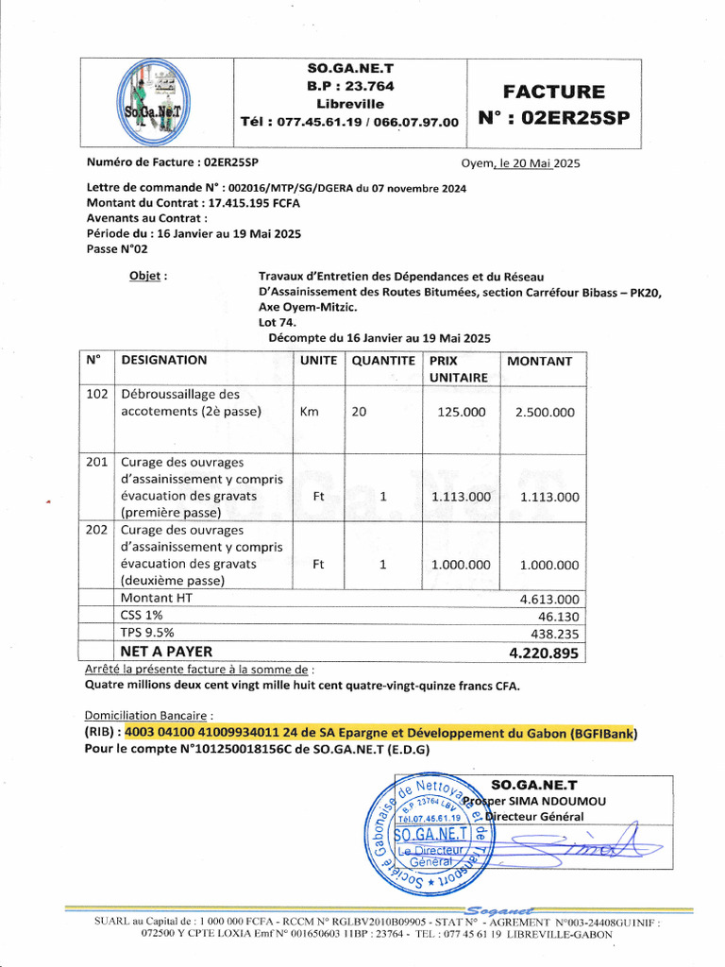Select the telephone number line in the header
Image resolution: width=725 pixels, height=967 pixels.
point(350,122)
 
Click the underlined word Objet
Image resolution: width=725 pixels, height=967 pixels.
point(147,276)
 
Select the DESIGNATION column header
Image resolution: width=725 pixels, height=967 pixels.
point(164,361)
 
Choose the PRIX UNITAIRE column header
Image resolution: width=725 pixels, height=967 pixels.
point(459,368)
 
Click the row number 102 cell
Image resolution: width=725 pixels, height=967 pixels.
point(97,394)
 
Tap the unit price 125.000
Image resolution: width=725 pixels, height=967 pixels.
point(461,412)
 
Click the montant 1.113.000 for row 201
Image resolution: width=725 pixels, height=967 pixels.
point(549,497)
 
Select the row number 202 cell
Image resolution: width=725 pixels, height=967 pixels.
point(97,531)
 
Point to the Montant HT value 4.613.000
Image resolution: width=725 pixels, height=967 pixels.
point(549,599)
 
